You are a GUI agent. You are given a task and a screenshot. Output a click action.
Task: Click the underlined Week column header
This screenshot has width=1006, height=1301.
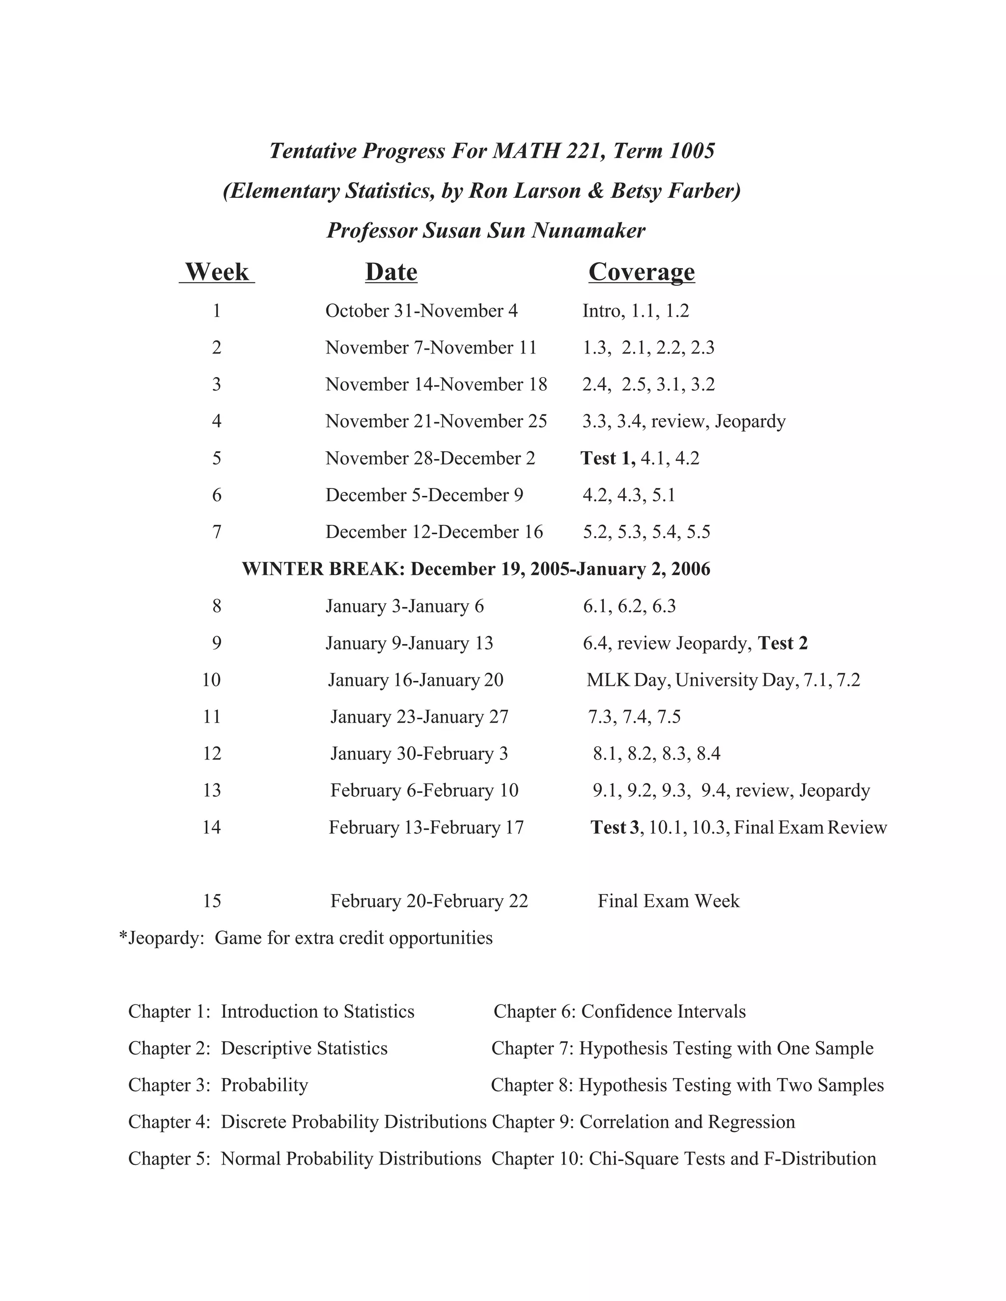(217, 272)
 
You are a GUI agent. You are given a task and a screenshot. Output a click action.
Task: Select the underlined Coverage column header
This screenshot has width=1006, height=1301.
(641, 272)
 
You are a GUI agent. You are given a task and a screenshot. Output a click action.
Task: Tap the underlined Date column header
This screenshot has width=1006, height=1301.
(391, 272)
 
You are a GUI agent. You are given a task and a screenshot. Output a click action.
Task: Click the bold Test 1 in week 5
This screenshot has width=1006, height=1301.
(607, 458)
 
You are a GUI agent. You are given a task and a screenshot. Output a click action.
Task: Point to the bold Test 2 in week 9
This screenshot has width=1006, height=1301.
(782, 643)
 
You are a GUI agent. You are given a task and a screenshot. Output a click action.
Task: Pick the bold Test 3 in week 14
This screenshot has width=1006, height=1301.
(615, 827)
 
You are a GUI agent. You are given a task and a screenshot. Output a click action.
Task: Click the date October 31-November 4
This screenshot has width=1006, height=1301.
(421, 311)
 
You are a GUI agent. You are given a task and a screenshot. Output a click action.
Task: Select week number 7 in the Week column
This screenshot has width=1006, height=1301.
(217, 532)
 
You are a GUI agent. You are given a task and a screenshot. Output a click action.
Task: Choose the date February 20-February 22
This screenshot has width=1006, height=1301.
(429, 901)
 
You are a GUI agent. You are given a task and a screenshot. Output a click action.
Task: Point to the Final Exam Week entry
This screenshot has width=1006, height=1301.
(668, 901)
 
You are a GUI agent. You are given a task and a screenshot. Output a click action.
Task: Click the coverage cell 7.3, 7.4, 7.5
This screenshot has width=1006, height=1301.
(634, 717)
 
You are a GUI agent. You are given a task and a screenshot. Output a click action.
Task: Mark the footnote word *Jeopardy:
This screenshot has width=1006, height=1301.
(162, 938)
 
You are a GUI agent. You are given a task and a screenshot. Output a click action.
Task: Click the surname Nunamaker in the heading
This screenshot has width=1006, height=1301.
(588, 231)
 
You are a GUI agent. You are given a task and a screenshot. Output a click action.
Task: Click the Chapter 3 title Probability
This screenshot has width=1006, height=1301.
(264, 1085)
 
